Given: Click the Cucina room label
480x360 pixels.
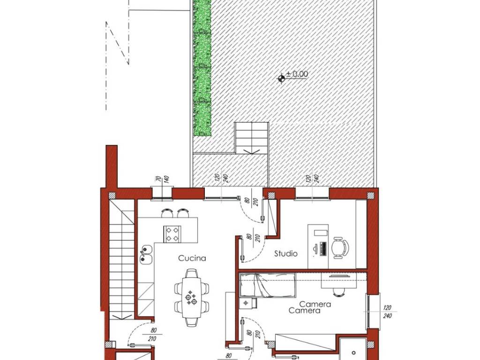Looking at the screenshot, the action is tap(192, 258).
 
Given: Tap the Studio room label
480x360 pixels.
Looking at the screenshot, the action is tap(285, 254).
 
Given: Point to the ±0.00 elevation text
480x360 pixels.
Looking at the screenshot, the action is tap(297, 74).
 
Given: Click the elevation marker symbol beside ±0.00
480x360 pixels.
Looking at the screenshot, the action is tap(281, 78).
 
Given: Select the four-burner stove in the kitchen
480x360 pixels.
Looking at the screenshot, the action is tap(172, 234).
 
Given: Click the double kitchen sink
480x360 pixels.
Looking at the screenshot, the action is tap(147, 255).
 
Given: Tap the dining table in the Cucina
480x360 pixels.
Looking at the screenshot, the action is tap(192, 298).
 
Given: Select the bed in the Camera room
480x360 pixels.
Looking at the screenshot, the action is tap(268, 285).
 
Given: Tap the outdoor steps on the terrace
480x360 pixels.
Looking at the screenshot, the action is tap(252, 138).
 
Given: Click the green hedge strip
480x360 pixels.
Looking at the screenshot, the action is tap(202, 67).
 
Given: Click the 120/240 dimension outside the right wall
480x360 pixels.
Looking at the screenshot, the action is tap(387, 312).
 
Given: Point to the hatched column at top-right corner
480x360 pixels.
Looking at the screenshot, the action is tap(371, 195).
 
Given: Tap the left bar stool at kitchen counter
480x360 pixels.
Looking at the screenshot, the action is tap(167, 213).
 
